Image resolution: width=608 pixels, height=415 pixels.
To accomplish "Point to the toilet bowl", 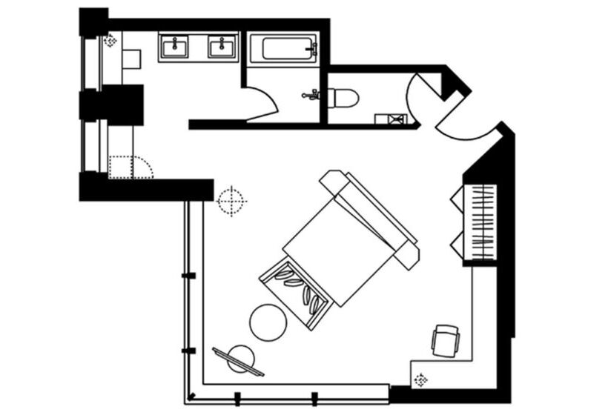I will [x=342, y=97].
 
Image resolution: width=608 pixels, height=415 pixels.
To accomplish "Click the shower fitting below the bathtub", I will [x=311, y=94].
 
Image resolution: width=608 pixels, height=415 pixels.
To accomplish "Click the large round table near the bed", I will [x=268, y=322].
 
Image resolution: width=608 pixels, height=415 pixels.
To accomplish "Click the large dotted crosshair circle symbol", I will [x=231, y=200].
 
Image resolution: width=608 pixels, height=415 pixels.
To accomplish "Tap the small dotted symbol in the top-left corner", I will [x=110, y=41].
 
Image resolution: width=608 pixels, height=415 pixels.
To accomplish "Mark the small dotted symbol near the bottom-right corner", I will [x=421, y=379].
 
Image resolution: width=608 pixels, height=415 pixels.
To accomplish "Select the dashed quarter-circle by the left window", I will [x=130, y=167].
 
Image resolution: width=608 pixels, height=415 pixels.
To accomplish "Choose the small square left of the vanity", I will [x=131, y=59].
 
